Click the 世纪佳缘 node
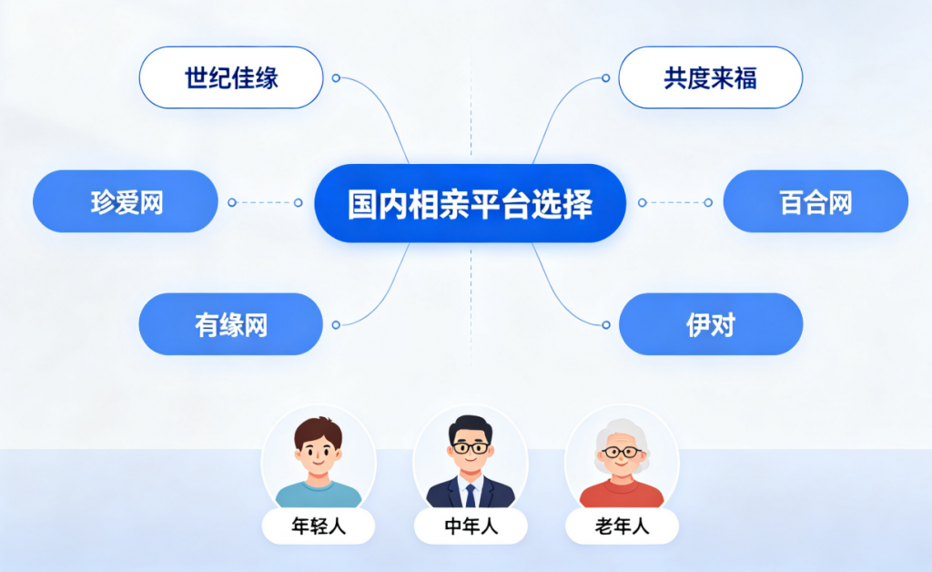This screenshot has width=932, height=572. (231, 78)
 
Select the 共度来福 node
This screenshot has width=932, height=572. (710, 78)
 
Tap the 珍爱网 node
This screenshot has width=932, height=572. (126, 201)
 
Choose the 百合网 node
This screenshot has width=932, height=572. (815, 201)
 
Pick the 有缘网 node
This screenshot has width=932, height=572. (230, 324)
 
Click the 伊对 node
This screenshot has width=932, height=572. (711, 324)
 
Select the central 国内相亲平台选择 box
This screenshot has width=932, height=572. (471, 203)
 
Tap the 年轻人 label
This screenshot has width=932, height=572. (319, 526)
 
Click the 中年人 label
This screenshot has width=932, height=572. (471, 526)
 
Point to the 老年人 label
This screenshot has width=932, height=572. (622, 526)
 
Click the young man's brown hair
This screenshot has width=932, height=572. (319, 428)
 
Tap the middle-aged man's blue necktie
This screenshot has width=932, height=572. (471, 495)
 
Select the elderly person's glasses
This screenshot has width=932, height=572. (622, 453)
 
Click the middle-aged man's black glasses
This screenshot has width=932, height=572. (471, 447)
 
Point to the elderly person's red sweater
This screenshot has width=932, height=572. (622, 494)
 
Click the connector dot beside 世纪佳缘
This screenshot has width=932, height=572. (336, 78)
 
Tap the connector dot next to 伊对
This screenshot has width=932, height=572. (606, 324)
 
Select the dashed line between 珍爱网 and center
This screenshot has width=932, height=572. (265, 203)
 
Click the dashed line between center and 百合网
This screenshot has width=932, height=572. (674, 203)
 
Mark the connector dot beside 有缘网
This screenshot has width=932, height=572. (336, 324)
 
